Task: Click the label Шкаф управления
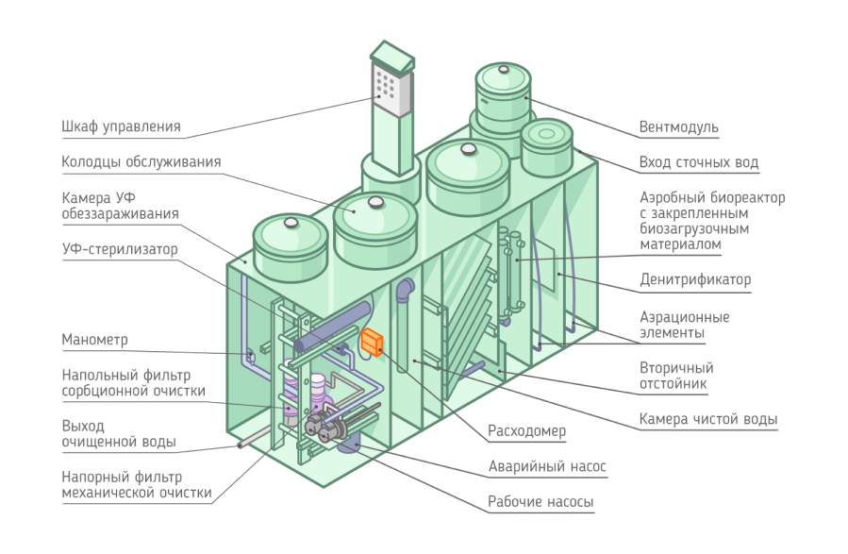(x=121, y=126)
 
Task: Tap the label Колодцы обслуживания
(x=141, y=161)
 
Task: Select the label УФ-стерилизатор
(x=120, y=249)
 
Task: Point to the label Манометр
(x=94, y=339)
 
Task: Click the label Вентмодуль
(x=678, y=127)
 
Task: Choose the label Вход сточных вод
(x=698, y=162)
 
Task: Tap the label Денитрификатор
(x=695, y=280)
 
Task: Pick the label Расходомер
(x=526, y=431)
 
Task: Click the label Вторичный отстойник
(x=676, y=376)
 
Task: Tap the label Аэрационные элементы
(x=684, y=325)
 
